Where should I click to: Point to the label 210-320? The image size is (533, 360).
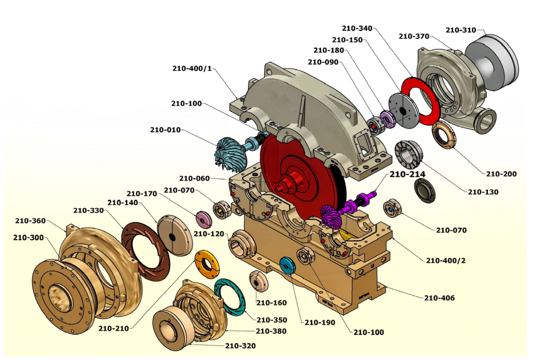tap(240, 346)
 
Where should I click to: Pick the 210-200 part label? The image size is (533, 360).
tap(501, 174)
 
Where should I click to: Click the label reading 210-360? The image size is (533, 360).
tap(30, 221)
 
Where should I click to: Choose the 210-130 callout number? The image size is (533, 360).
tap(483, 192)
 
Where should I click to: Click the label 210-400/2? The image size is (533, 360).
tap(445, 260)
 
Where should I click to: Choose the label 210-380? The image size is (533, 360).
tap(271, 331)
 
